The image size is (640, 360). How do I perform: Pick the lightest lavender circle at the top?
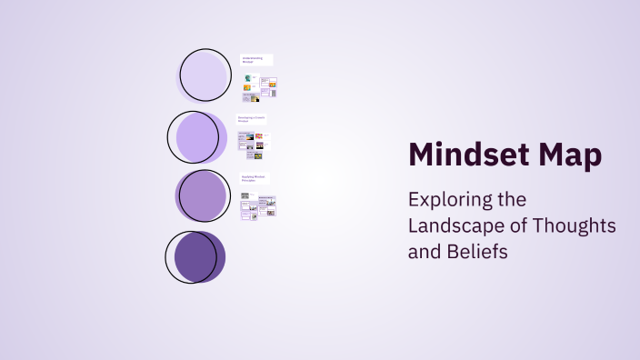[205, 75]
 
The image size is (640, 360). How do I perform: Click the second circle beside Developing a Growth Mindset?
[196, 136]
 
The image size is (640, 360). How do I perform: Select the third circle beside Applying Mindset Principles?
[203, 195]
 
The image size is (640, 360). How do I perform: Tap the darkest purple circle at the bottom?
[195, 256]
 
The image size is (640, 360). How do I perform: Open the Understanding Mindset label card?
[256, 60]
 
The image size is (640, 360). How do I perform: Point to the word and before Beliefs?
[424, 251]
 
